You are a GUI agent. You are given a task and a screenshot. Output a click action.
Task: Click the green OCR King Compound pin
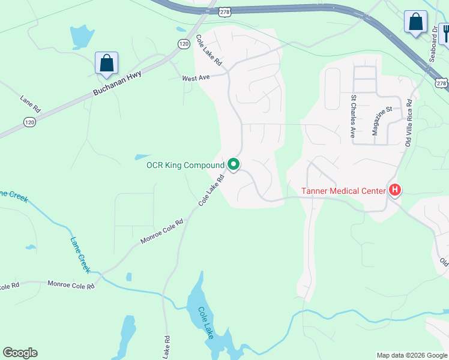(x=234, y=164)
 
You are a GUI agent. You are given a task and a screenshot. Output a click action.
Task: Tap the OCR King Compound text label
(x=186, y=165)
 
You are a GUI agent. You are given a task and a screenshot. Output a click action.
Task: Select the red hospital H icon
(x=395, y=191)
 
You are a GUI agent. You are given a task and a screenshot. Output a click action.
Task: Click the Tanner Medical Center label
(x=343, y=191)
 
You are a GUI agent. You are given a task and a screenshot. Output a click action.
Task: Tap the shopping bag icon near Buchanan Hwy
(x=106, y=63)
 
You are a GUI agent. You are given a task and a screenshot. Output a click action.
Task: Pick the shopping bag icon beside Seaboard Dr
(x=415, y=22)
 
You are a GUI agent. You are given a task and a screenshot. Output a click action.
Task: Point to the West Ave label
(x=196, y=78)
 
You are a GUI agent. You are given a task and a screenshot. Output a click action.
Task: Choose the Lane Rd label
(x=30, y=103)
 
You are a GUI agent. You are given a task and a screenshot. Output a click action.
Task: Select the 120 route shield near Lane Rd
(x=29, y=122)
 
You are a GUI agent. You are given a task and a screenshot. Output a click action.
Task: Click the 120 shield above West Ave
(x=183, y=44)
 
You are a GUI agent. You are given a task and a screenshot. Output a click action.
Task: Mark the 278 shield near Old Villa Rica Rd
(x=442, y=83)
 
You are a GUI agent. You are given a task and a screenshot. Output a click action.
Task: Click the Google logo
(x=20, y=353)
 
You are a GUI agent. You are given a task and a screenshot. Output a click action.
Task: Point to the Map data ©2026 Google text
(x=411, y=355)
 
